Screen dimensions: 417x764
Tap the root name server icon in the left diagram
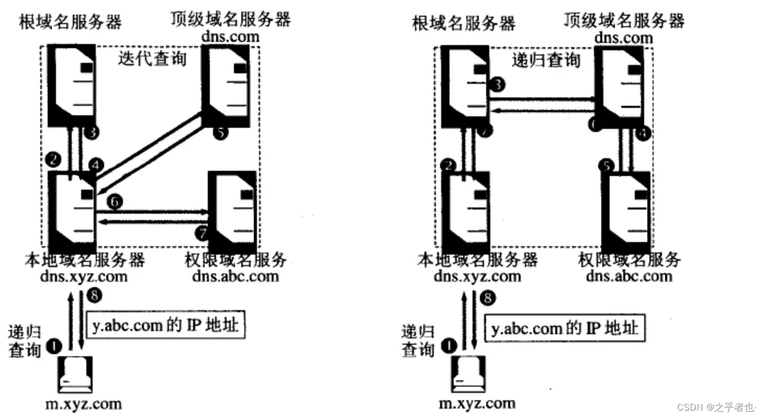[72, 85]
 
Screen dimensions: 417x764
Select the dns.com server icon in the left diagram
[226, 85]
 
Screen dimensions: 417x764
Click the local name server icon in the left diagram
[72, 211]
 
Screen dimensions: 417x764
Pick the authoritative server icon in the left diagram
[232, 211]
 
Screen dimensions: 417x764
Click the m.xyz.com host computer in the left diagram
[75, 375]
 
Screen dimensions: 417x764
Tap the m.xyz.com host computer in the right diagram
[468, 375]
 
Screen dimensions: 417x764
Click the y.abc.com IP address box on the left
[165, 325]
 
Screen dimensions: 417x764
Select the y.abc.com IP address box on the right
[564, 328]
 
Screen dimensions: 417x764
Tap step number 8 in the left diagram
[95, 296]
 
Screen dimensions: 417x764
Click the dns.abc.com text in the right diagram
[628, 276]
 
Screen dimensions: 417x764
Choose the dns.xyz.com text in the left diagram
[84, 276]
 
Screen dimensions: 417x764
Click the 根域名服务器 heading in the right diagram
[464, 23]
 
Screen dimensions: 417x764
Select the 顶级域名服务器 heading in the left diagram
[230, 19]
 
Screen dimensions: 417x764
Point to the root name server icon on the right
[465, 86]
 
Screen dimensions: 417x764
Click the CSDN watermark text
[716, 407]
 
